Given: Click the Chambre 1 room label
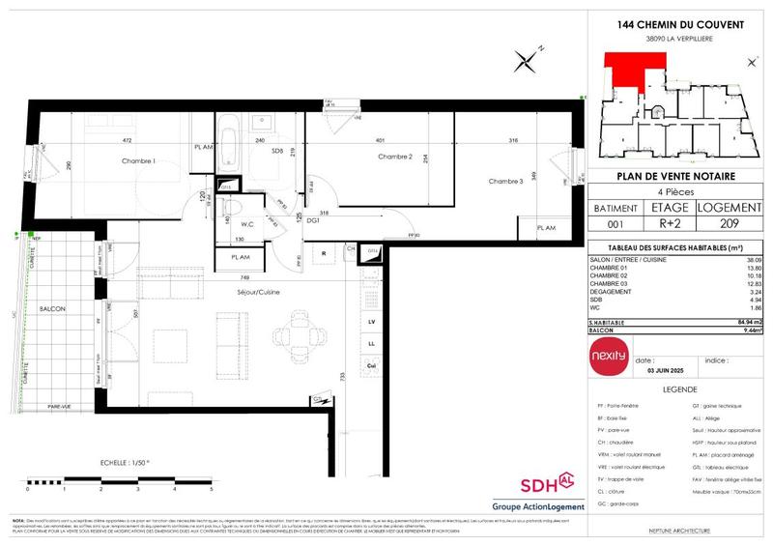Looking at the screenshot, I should [x=139, y=161].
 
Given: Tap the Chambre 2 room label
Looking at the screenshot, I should [x=395, y=157].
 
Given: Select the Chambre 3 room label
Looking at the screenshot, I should [x=505, y=181].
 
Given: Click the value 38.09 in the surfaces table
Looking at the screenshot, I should [x=753, y=260].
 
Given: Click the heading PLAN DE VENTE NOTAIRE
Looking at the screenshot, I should [x=674, y=176].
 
